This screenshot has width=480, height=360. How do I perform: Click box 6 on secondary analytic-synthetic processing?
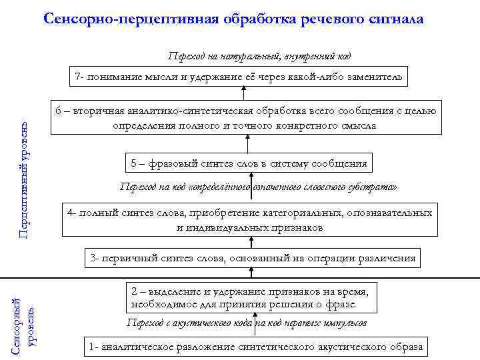point(247,118)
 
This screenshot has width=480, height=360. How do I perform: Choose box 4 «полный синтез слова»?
point(250,220)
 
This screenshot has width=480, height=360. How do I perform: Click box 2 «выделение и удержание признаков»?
point(251,298)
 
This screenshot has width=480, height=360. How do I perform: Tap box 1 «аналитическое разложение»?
point(255,347)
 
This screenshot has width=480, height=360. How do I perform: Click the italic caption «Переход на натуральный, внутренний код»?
point(259,56)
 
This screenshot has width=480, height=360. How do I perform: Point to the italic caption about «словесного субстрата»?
point(258,187)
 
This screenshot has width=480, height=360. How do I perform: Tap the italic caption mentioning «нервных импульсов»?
point(246,323)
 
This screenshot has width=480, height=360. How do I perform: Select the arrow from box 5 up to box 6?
point(248,144)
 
